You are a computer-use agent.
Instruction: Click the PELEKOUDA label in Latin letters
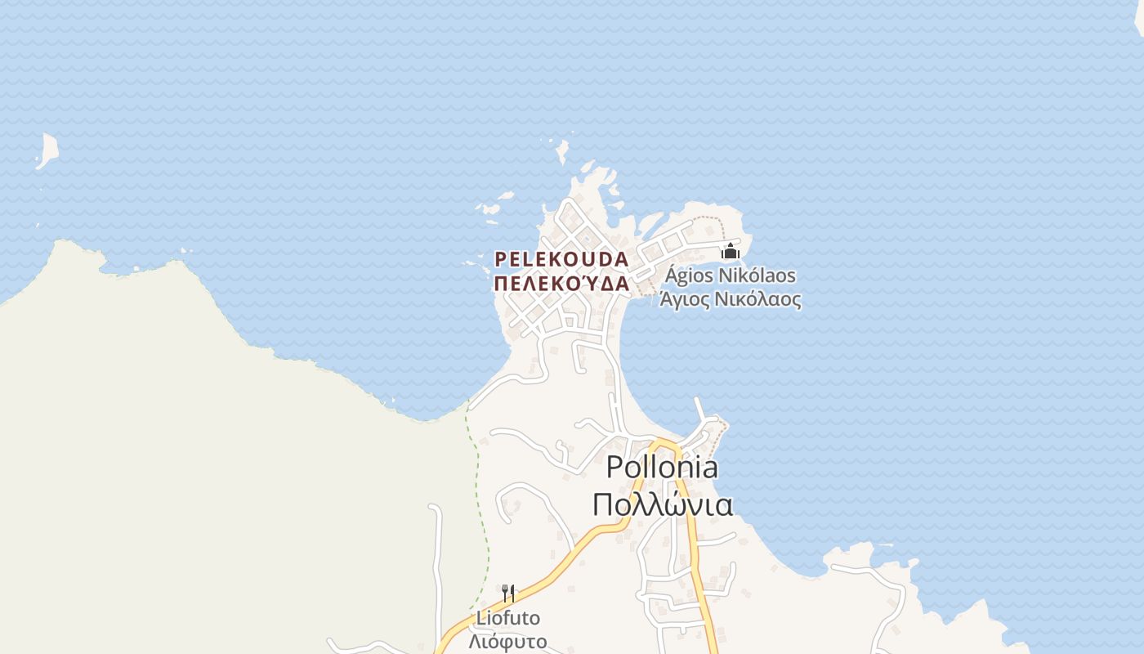(x=561, y=259)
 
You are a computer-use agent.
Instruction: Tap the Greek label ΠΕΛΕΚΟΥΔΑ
(x=561, y=284)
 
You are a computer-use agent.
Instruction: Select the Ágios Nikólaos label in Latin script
(x=730, y=275)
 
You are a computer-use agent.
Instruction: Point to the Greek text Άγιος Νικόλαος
(x=730, y=299)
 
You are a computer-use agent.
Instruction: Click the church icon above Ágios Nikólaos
(x=730, y=251)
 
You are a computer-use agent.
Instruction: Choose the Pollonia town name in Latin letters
(x=662, y=468)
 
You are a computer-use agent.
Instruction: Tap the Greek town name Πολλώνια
(x=662, y=504)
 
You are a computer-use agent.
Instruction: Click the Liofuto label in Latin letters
(x=508, y=618)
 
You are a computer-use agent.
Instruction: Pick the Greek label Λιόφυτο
(x=508, y=641)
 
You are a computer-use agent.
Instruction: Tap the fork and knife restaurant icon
(x=508, y=593)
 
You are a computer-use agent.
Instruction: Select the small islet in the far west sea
(x=47, y=150)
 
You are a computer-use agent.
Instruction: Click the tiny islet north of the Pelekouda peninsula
(x=562, y=152)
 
